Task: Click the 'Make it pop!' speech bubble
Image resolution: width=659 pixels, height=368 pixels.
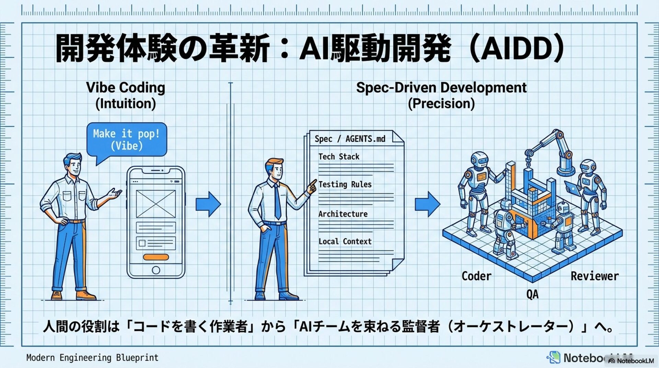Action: pos(127,140)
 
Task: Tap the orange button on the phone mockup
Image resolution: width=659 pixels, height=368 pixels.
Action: pos(156,257)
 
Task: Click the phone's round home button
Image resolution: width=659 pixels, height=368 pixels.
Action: pos(156,270)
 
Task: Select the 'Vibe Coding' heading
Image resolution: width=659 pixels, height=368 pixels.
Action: pos(126,88)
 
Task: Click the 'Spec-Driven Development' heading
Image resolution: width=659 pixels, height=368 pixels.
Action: pos(441,88)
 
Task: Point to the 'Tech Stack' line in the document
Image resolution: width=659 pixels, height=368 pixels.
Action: pos(339,157)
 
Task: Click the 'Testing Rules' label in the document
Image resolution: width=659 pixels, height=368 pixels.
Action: pos(345,184)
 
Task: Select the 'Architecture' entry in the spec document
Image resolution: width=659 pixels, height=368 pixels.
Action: pos(343,214)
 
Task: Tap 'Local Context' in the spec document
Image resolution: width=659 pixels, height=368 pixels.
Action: pos(345,241)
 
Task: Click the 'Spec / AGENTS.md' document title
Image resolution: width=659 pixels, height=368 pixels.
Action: pos(350,139)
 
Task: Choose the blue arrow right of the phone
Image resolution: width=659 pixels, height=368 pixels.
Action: pos(208,204)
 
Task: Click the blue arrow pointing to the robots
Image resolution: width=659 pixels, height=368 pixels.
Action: pos(427,204)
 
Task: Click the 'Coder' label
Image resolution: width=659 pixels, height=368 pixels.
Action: pos(476,276)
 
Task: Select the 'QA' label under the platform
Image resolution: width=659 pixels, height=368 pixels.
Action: pos(532,294)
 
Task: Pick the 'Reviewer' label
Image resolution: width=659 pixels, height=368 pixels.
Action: pos(594,276)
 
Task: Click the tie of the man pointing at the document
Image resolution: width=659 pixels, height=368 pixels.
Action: pos(277,203)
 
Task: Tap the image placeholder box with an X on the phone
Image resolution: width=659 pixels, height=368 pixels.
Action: pos(156,204)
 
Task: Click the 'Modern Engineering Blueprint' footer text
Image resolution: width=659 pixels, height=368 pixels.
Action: pos(92,358)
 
